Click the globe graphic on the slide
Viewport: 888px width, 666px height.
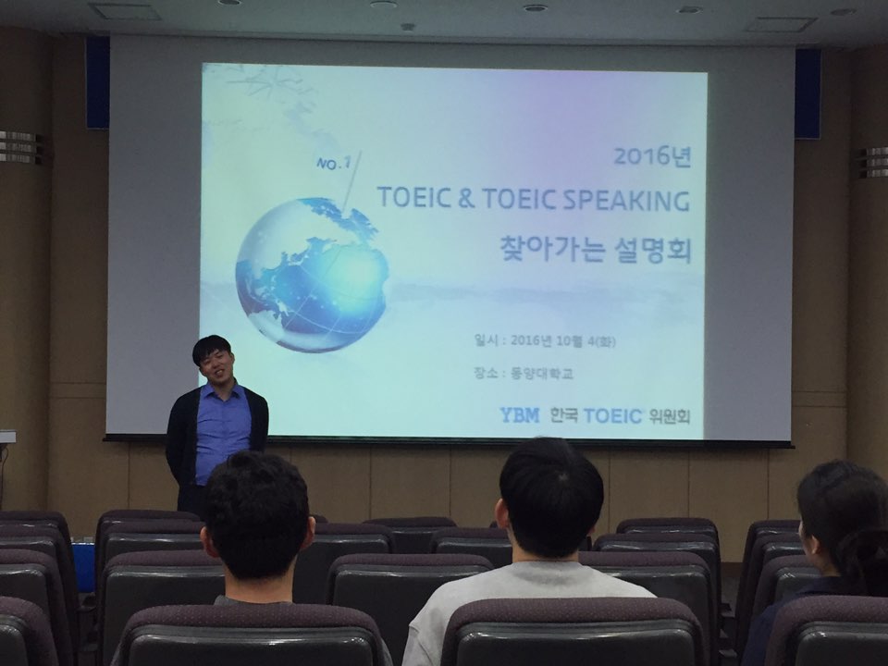coord(312,275)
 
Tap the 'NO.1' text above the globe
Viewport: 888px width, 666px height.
coord(334,164)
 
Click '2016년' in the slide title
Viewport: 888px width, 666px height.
coord(652,156)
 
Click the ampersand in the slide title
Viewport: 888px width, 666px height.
coord(466,199)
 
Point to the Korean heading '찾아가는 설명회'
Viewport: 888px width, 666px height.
coord(595,249)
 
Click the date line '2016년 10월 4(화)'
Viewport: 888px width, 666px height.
coord(563,341)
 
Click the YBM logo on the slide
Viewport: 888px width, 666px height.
coord(519,415)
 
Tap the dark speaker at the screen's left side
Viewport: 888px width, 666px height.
coord(97,82)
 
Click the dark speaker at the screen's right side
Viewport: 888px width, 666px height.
coord(808,93)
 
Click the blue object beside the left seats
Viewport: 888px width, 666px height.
coord(83,567)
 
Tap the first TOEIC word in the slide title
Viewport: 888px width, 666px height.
coord(413,198)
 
